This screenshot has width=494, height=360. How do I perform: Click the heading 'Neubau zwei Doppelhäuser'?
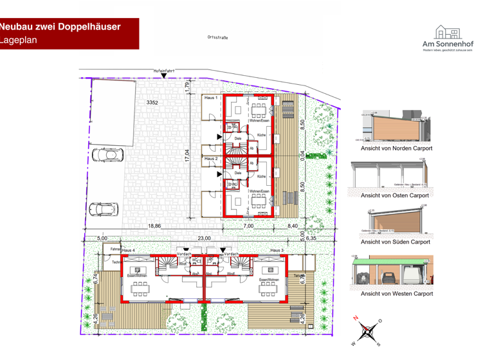69,26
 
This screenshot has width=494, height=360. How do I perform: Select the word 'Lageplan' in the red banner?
20,40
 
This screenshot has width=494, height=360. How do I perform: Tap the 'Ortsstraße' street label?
218,37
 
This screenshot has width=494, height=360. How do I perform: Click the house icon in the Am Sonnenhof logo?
447,32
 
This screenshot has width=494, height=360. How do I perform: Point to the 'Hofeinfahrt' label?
165,70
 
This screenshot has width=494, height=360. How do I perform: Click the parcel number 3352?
152,103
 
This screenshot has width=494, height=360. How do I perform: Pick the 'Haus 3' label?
277,249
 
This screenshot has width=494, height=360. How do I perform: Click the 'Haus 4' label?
129,249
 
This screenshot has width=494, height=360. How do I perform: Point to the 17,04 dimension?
187,157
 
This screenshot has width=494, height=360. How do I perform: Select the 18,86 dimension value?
155,226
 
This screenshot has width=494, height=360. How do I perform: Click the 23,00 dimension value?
205,238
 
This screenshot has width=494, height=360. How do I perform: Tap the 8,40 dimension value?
293,226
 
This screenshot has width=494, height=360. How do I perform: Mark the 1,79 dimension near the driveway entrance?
187,85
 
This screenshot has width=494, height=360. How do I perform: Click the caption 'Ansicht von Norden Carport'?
396,148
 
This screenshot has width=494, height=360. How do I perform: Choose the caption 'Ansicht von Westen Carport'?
396,294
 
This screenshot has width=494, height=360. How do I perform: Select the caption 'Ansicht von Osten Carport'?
395,195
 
